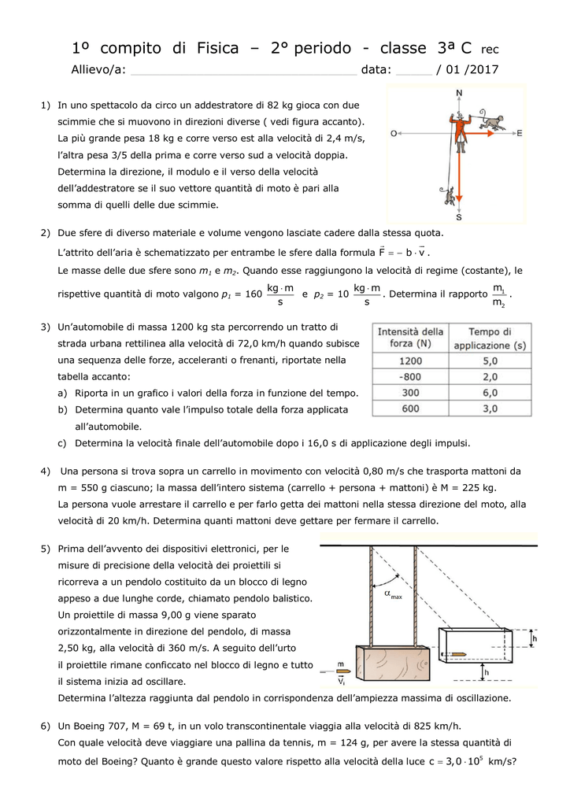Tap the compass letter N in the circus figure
point(459,93)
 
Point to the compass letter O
point(393,133)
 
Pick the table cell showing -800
point(410,376)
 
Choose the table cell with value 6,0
point(489,392)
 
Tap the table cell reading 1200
point(410,360)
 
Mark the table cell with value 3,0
point(489,408)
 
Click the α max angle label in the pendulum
point(391,595)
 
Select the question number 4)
point(46,471)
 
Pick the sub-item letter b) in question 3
point(63,410)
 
